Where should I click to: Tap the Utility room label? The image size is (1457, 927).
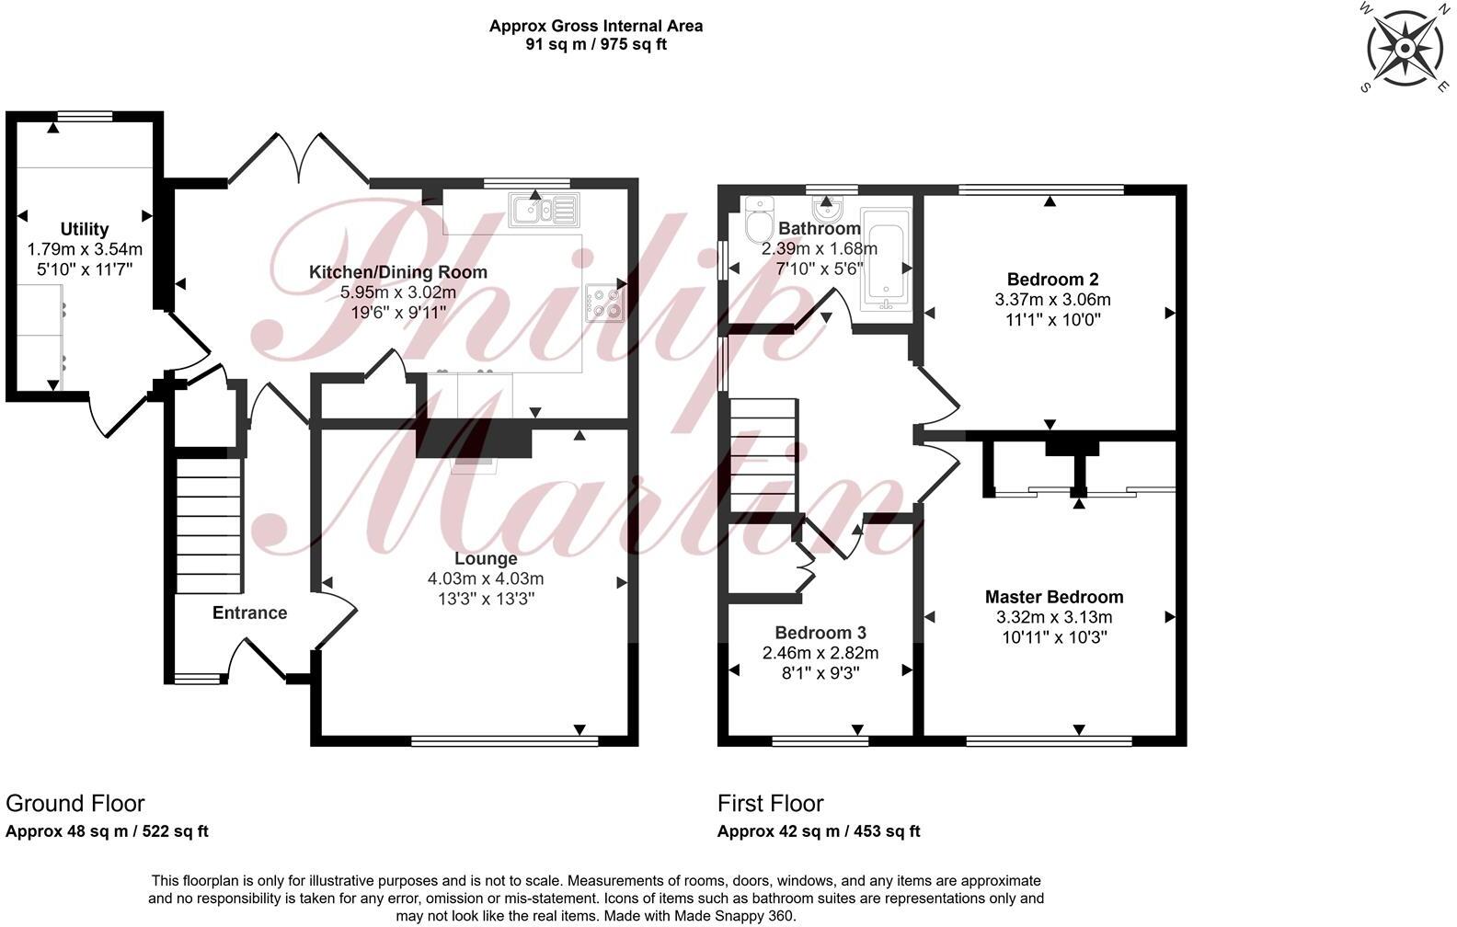(85, 229)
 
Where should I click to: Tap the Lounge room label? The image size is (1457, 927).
(486, 558)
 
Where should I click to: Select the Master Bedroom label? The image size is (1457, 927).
(1054, 597)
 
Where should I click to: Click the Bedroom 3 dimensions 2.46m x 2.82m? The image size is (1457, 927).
(820, 653)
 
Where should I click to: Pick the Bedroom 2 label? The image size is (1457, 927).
(1052, 279)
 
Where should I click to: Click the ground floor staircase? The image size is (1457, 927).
(209, 524)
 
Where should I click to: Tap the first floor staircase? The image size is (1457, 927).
(763, 455)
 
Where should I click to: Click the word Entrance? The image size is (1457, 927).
(249, 612)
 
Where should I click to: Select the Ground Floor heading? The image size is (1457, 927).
(75, 804)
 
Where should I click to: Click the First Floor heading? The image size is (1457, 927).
(770, 804)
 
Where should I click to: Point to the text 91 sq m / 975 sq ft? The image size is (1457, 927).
(596, 44)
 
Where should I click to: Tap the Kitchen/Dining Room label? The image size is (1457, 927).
(397, 272)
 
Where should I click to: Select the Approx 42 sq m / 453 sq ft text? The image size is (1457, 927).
(819, 831)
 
